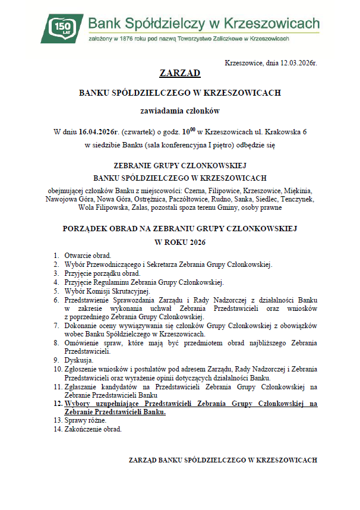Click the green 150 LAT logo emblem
pos(63,27)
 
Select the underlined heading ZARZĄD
pos(180,74)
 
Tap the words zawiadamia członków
pos(180,111)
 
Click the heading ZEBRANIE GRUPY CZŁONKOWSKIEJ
pos(180,166)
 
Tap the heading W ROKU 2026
pos(180,243)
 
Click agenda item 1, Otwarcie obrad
pos(88,255)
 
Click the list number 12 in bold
pos(58,404)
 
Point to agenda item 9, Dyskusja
pos(78,360)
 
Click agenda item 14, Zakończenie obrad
pos(93,429)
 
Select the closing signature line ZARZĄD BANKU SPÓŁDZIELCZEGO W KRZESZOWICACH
pos(223,460)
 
